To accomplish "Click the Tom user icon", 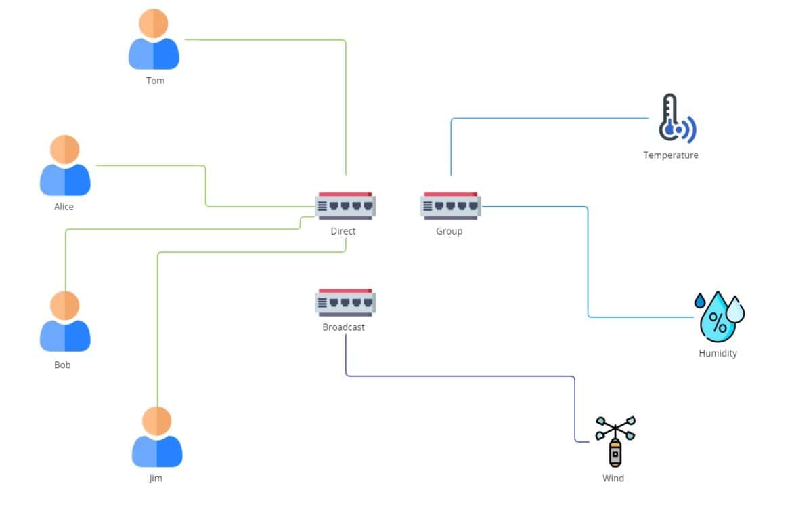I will (154, 41).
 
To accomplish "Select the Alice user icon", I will (65, 167).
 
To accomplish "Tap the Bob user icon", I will (65, 323).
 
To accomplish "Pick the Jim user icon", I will (156, 438).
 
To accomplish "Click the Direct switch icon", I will (345, 206).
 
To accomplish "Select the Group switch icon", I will (450, 206).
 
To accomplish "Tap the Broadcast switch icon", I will (345, 303).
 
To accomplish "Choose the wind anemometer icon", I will (615, 441).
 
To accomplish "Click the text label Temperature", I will (670, 155).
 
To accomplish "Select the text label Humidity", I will (718, 353).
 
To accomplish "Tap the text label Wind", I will (613, 478).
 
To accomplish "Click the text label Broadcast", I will (343, 327).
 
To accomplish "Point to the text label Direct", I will (343, 231).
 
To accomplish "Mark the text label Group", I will (449, 231).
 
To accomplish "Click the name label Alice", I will (64, 207).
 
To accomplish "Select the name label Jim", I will (156, 479).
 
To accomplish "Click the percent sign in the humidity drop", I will (718, 323).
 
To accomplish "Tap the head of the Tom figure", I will (154, 24).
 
